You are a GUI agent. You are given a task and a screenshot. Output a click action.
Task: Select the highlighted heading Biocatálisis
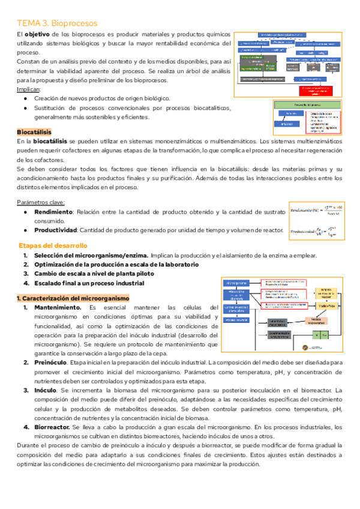click(x=34, y=131)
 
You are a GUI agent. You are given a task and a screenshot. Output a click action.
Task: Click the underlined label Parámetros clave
click(x=41, y=202)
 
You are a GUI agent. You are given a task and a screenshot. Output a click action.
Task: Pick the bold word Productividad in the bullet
click(x=55, y=230)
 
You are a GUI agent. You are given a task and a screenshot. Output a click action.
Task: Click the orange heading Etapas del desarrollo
click(x=53, y=245)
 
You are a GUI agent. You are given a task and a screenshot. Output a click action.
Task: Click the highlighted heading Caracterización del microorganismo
click(x=73, y=298)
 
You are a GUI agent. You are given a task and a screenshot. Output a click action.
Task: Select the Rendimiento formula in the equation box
click(x=317, y=211)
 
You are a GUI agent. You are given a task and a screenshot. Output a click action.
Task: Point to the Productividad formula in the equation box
click(x=317, y=230)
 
